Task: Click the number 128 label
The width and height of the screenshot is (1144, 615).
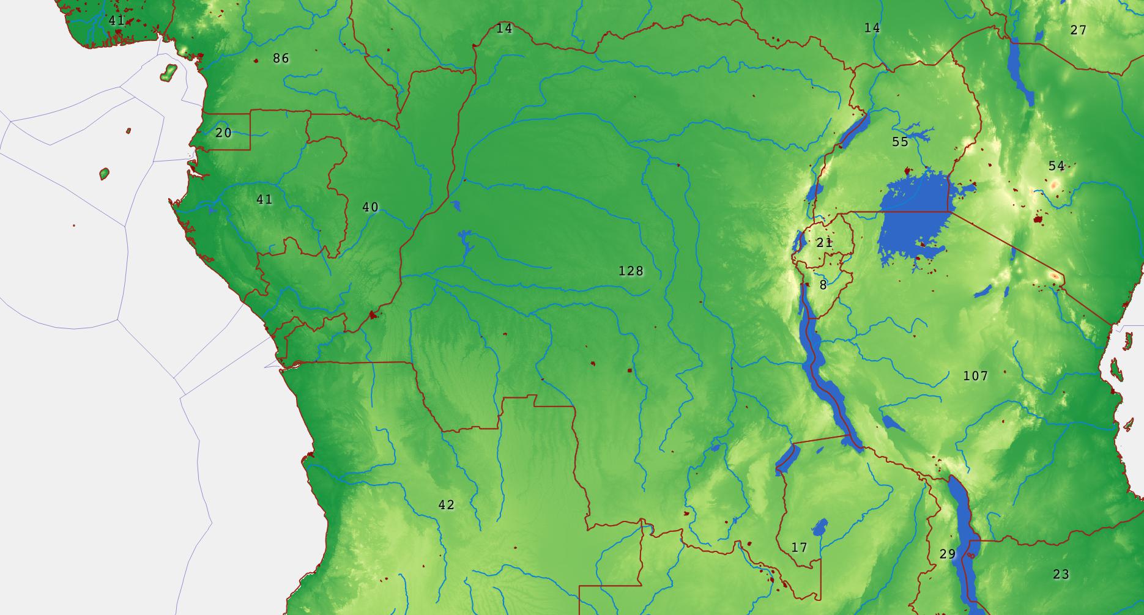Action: pos(631,271)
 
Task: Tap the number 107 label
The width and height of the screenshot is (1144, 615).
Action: pos(975,375)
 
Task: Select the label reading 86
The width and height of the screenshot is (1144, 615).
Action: pos(281,59)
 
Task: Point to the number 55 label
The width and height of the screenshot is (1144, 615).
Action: pos(900,142)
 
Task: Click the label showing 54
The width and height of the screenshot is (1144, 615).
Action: pos(1057,166)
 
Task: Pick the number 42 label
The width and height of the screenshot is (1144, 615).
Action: pos(446,505)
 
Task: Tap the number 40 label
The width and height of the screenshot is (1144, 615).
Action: pos(370,207)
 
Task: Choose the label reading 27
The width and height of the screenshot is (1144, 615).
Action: pos(1079,30)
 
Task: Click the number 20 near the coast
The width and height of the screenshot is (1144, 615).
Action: pos(223,133)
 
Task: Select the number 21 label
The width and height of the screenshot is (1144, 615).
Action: pos(824,243)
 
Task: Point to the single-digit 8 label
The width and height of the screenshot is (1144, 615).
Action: pos(823,285)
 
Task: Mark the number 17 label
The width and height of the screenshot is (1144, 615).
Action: pos(799,547)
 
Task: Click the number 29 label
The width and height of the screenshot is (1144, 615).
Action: pos(947,554)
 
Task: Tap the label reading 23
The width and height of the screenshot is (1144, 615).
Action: pos(1061,574)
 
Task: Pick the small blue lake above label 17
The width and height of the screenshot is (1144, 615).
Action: pos(819,527)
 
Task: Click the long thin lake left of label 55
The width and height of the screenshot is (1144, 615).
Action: pos(855,129)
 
